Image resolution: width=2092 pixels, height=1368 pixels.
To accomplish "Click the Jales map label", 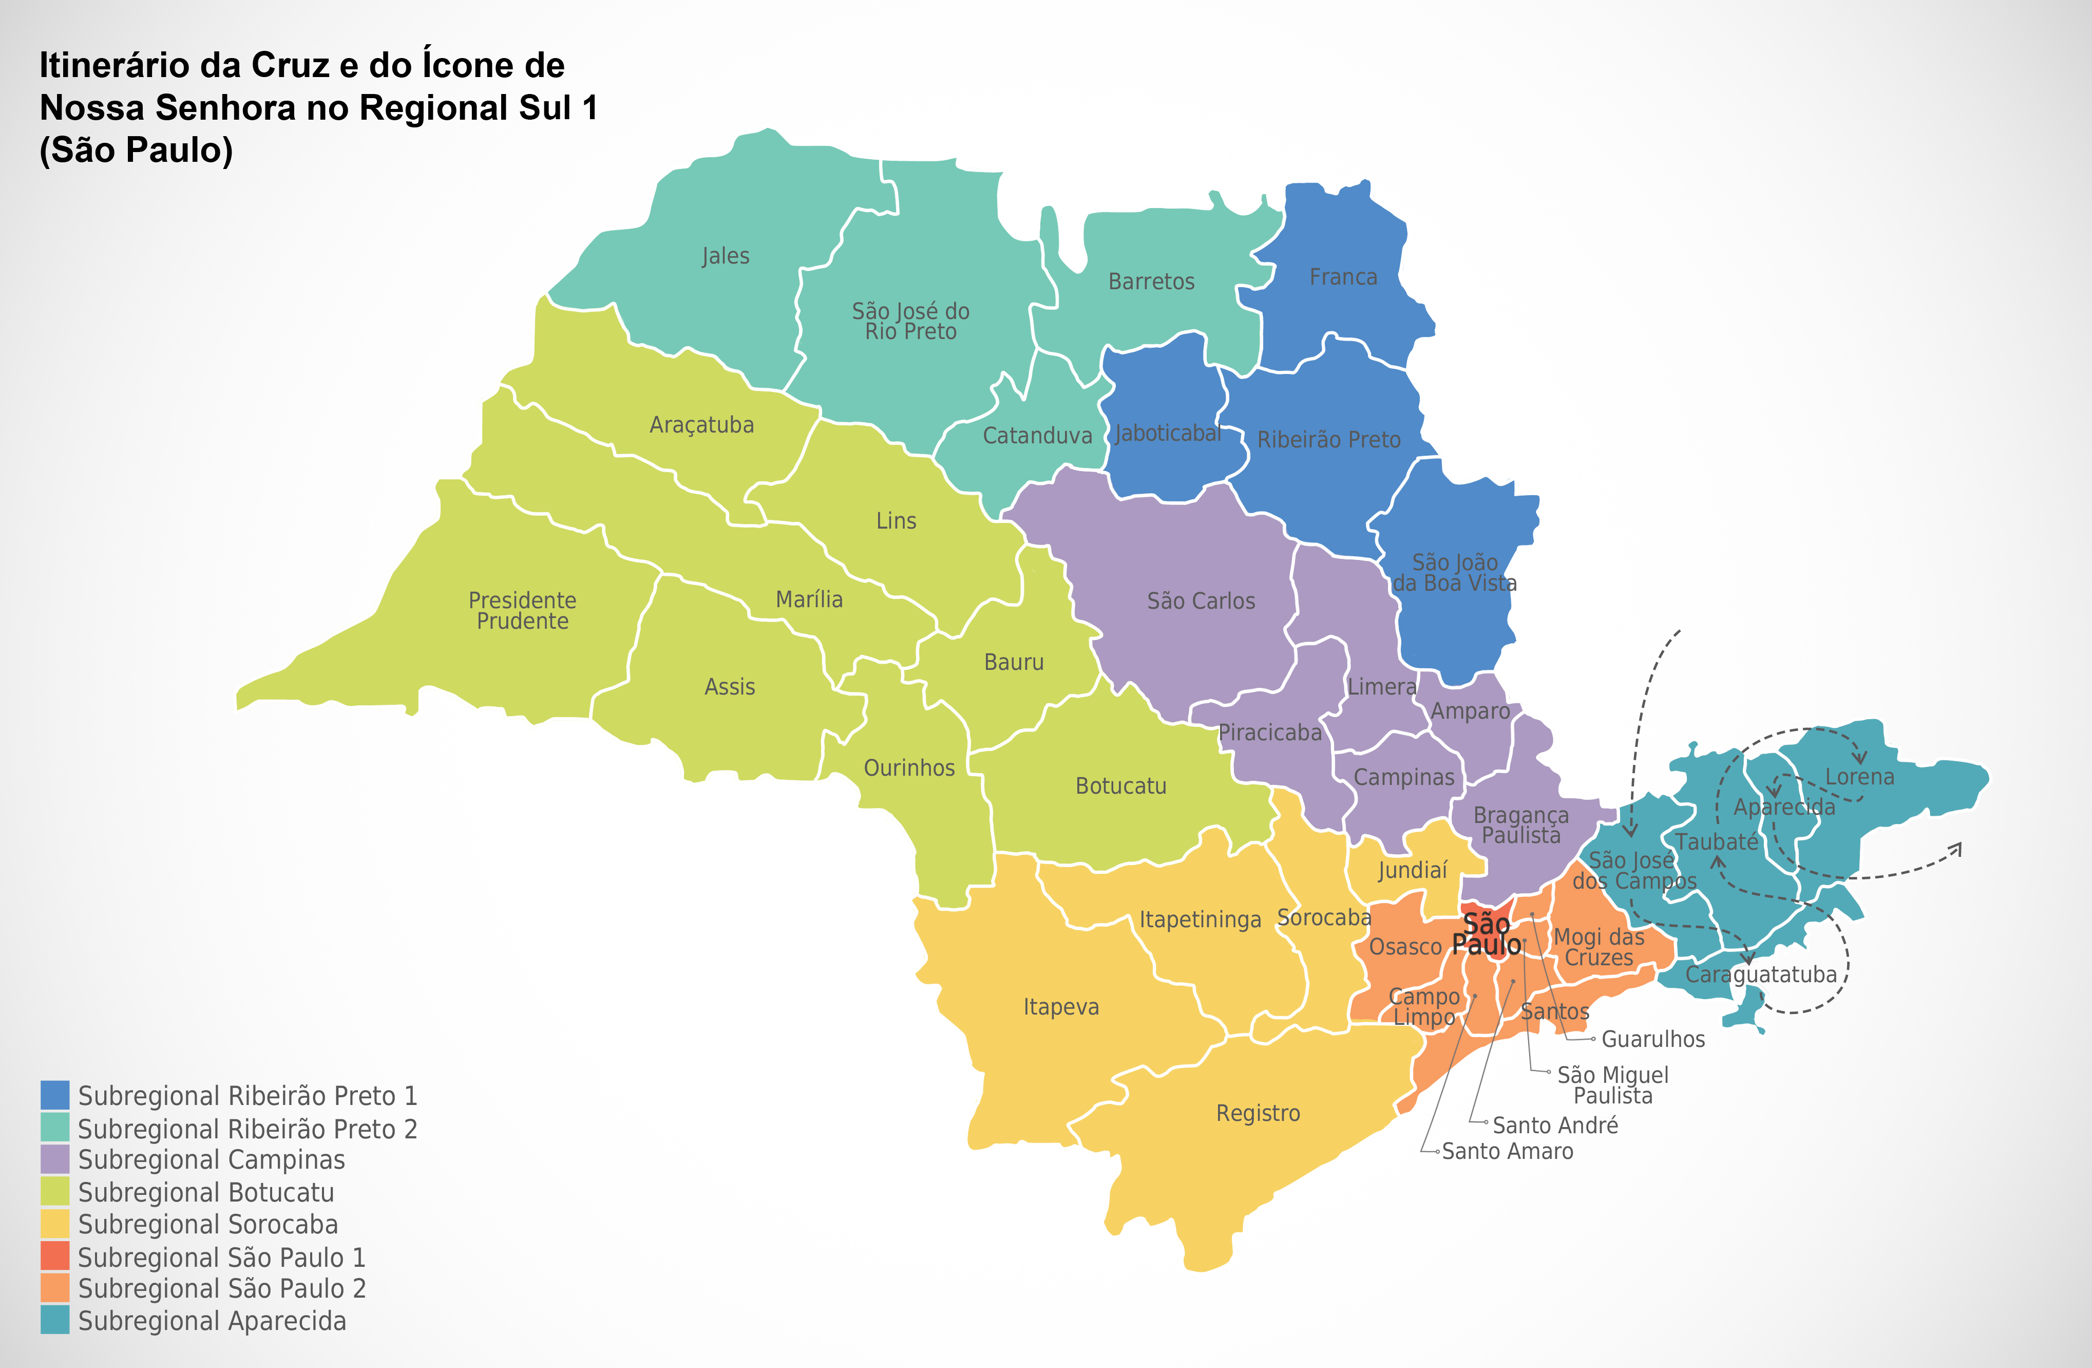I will [x=725, y=256].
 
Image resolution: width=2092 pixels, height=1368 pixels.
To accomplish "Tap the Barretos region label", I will [x=1151, y=282].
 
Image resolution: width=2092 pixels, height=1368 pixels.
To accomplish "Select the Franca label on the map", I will [x=1343, y=277].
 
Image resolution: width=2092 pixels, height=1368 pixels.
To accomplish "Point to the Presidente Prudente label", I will [x=522, y=610].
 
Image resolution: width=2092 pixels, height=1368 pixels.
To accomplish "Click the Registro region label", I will [x=1258, y=1113].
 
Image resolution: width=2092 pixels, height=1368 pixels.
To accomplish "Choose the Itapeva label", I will [x=1061, y=1007].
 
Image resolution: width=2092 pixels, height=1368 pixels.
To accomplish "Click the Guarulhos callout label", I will [x=1652, y=1039].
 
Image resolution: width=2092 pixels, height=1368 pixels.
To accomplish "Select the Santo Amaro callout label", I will [x=1508, y=1151].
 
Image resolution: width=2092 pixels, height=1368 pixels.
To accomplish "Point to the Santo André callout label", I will [x=1555, y=1126].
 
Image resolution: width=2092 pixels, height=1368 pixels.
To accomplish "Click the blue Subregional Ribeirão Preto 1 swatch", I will [x=54, y=1095].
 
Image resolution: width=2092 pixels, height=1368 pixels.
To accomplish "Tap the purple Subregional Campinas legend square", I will [x=54, y=1159].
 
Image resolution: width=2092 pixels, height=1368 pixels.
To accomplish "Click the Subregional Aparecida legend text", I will [x=212, y=1321].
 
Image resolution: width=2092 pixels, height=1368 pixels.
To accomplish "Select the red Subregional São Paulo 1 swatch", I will [x=54, y=1257].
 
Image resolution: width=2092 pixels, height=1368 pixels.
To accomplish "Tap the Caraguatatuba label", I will [x=1761, y=974].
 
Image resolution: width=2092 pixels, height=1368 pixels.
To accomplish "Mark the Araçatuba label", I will [x=701, y=425].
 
